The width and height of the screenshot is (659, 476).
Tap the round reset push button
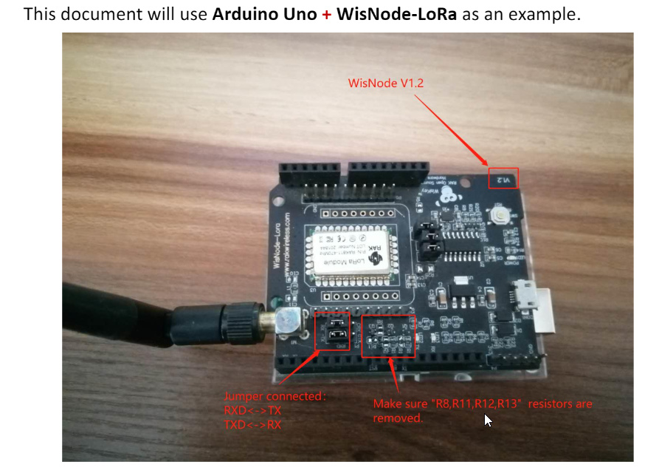(x=501, y=216)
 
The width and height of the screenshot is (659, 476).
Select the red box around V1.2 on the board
(x=503, y=178)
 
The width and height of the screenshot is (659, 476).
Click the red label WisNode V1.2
(x=386, y=84)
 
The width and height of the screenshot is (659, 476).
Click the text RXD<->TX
(x=252, y=410)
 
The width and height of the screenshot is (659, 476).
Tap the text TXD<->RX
(x=252, y=424)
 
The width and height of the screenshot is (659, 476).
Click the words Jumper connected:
(x=274, y=396)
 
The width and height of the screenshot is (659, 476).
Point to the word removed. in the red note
(x=398, y=418)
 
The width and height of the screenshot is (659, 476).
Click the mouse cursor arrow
(x=488, y=420)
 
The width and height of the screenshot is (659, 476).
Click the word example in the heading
(x=544, y=15)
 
